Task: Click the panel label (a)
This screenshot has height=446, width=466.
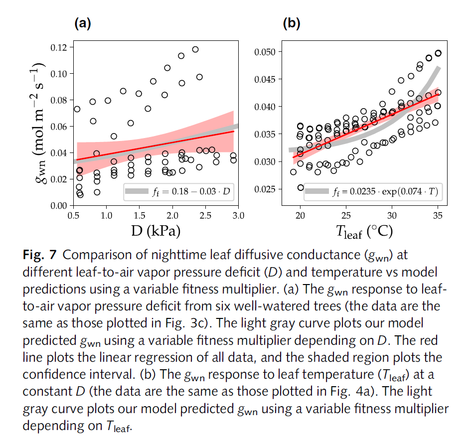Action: [x=82, y=23]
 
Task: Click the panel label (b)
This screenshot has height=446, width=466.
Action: [x=292, y=23]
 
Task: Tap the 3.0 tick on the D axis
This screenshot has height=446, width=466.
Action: [x=238, y=215]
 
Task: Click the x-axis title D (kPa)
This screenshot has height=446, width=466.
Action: [x=156, y=231]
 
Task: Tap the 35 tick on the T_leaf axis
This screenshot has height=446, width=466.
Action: [x=438, y=215]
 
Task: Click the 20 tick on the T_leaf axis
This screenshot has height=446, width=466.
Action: [x=300, y=215]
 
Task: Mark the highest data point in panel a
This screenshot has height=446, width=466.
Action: [x=195, y=49]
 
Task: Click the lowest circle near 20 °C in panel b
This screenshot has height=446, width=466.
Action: [x=301, y=187]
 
